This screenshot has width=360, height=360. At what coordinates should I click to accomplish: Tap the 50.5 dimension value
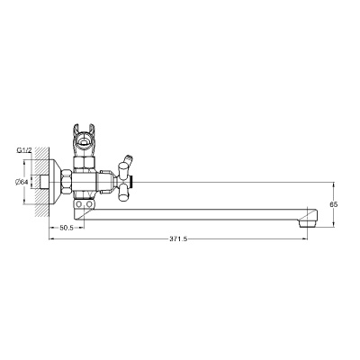[66, 229]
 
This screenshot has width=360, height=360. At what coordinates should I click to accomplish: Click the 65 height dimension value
[333, 204]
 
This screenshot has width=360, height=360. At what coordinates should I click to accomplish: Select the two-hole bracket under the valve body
[85, 206]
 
